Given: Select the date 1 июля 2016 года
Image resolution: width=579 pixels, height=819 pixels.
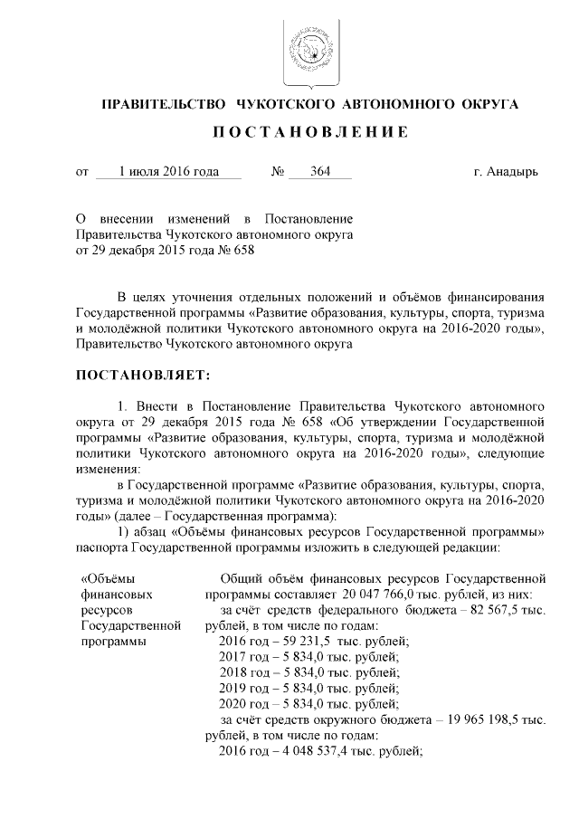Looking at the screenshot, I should pyautogui.click(x=168, y=172).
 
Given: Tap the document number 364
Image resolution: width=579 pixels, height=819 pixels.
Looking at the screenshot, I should pyautogui.click(x=319, y=172).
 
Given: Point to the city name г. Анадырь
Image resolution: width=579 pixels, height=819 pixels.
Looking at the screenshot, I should pyautogui.click(x=505, y=172).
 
